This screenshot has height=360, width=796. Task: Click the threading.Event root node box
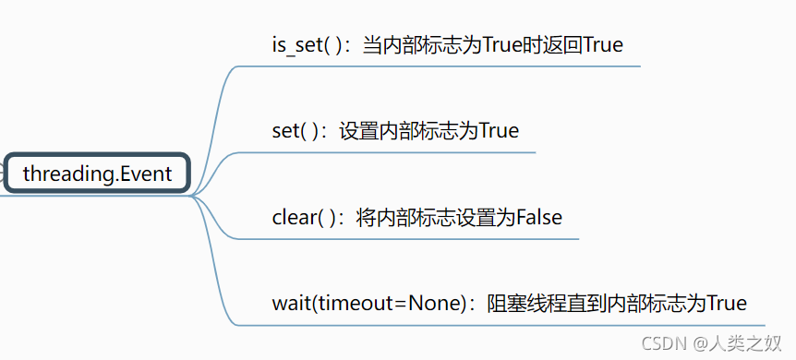pyautogui.click(x=97, y=174)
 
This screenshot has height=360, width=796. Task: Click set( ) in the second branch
pyautogui.click(x=296, y=131)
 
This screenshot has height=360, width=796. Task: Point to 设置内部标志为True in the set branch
pyautogui.click(x=429, y=131)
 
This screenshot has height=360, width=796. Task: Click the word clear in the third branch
pyautogui.click(x=295, y=218)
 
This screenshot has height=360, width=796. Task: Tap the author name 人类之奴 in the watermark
pyautogui.click(x=753, y=343)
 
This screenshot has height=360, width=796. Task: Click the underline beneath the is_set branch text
pyautogui.click(x=443, y=66)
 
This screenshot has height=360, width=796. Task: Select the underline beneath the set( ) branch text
pyautogui.click(x=388, y=152)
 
